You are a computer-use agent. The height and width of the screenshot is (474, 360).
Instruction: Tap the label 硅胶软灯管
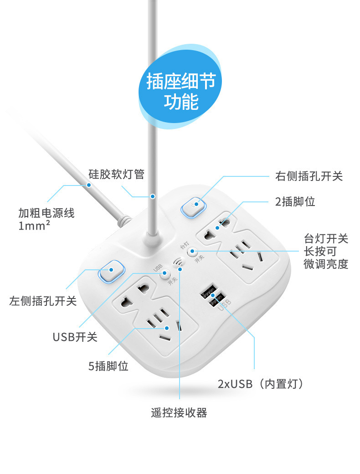[116, 174]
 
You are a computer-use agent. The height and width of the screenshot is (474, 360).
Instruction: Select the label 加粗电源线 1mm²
[46, 218]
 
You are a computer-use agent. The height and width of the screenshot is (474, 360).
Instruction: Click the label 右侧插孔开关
[309, 176]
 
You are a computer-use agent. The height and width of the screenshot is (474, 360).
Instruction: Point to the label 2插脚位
[294, 201]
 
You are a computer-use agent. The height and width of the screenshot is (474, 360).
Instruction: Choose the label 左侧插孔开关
[43, 301]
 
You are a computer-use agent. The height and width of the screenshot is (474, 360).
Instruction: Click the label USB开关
[75, 337]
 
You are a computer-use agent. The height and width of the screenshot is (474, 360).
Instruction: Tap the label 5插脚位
[108, 366]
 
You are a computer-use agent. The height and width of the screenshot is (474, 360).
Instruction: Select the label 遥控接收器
[179, 412]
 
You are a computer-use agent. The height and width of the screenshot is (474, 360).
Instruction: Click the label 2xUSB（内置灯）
[261, 384]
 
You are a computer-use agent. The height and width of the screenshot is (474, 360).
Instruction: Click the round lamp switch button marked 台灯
[193, 252]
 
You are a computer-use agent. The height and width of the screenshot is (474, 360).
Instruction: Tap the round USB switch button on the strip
[165, 274]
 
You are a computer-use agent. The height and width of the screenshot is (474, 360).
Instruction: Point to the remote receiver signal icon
[178, 263]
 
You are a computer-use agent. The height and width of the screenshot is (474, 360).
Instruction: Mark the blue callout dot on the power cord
[89, 185]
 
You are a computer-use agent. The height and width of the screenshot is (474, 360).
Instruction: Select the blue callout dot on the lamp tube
[153, 196]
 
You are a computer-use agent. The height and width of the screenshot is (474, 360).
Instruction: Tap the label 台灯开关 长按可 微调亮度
[326, 251]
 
